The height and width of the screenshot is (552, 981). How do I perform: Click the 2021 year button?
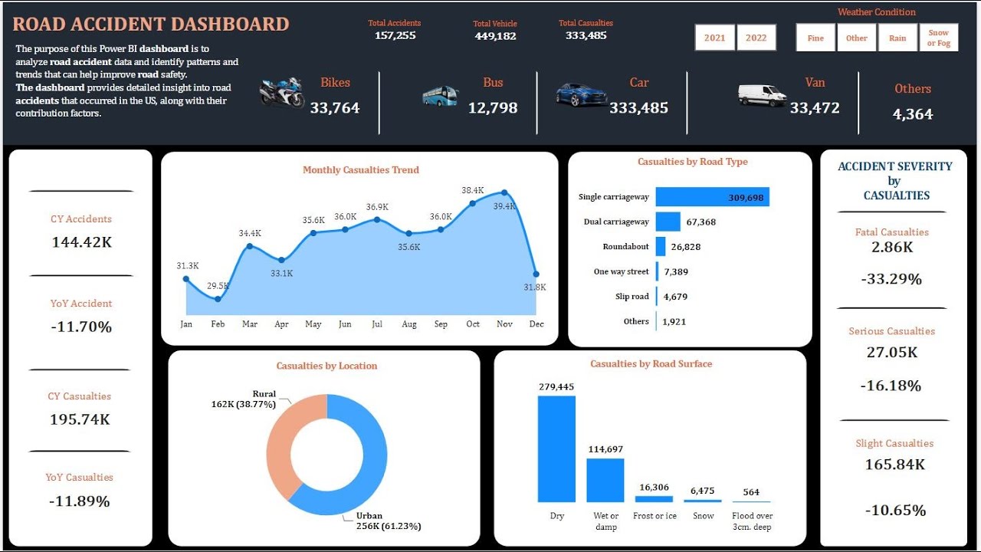[714, 38]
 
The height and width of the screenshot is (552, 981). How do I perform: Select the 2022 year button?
[756, 38]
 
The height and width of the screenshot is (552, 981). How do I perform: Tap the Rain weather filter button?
[897, 38]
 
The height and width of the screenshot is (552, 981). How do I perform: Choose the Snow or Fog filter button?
[938, 38]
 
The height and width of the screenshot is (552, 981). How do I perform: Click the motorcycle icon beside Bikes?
[282, 93]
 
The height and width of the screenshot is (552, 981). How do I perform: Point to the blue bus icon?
[440, 96]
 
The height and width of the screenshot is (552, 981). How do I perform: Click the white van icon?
[762, 95]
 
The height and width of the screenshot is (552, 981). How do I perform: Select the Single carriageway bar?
[712, 197]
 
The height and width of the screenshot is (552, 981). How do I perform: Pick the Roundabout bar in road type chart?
[661, 247]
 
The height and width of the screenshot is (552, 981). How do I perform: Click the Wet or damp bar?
[605, 480]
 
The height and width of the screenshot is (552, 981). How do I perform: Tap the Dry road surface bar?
[556, 449]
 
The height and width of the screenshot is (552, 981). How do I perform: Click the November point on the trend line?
[504, 192]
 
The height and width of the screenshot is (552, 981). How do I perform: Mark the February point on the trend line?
[218, 299]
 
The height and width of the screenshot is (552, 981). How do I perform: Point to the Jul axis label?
[377, 324]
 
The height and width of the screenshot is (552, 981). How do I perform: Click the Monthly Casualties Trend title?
[361, 170]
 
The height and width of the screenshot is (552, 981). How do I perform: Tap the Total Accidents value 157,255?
[395, 36]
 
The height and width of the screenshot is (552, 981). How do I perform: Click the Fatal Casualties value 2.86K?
[892, 248]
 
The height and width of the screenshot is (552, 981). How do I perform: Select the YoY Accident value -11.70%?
[81, 327]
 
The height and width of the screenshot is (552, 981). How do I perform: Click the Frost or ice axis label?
[655, 516]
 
